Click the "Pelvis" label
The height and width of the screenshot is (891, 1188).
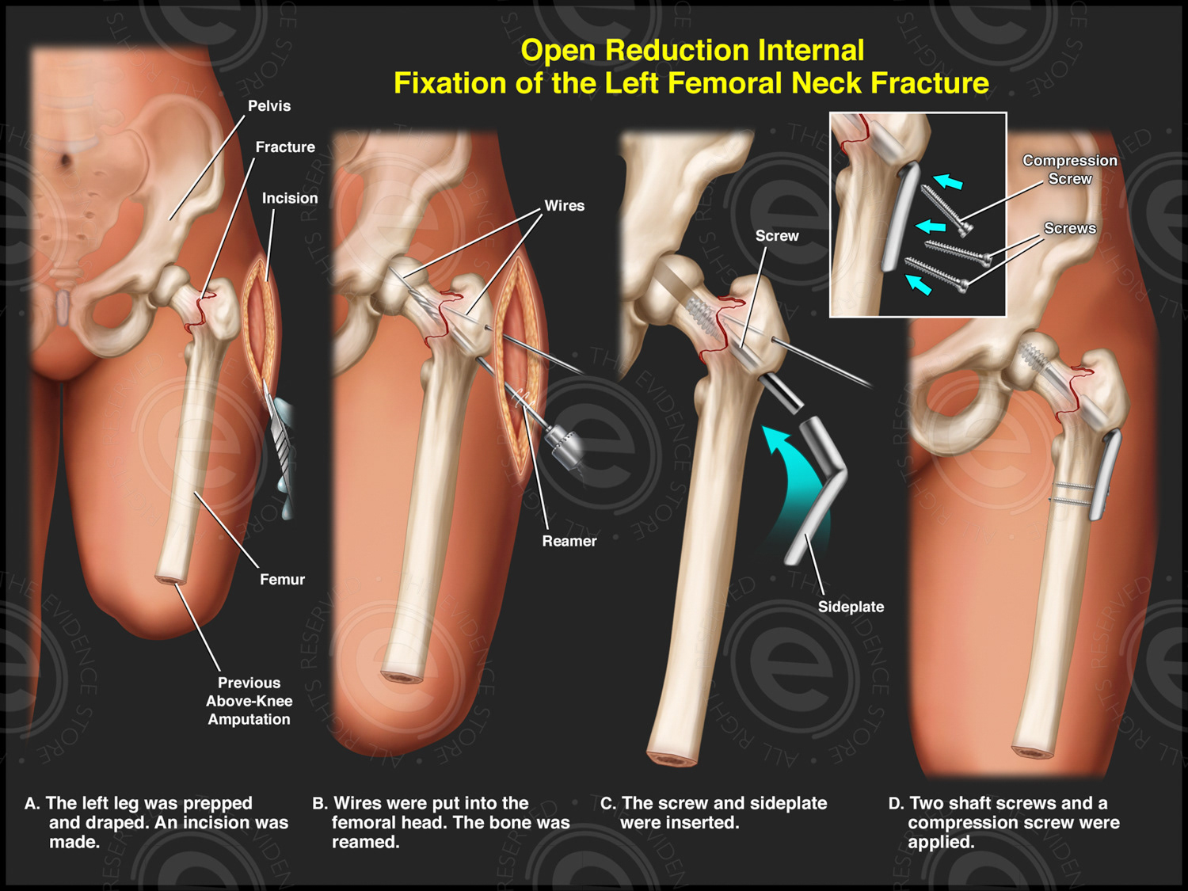pos(269,106)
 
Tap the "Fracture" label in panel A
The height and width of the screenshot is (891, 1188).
pos(285,147)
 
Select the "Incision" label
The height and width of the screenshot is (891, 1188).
pos(290,198)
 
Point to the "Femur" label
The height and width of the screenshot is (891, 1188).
pos(282,580)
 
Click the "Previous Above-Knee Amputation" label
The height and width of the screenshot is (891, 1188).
pos(249,701)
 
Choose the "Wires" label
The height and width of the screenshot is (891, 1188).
pos(564,206)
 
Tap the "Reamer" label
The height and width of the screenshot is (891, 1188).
pos(569,541)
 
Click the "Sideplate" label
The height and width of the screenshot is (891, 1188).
pos(851,607)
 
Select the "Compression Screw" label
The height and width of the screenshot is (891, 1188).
pos(1070,169)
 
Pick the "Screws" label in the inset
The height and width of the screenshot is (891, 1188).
pos(1070,228)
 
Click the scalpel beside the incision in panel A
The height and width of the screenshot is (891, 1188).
pos(280,444)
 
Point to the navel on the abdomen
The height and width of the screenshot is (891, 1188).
pos(65,161)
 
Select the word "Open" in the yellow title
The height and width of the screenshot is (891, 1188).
pos(558,50)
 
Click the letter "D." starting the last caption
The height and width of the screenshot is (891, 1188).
pos(896,803)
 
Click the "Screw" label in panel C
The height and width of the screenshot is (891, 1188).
pos(777,236)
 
